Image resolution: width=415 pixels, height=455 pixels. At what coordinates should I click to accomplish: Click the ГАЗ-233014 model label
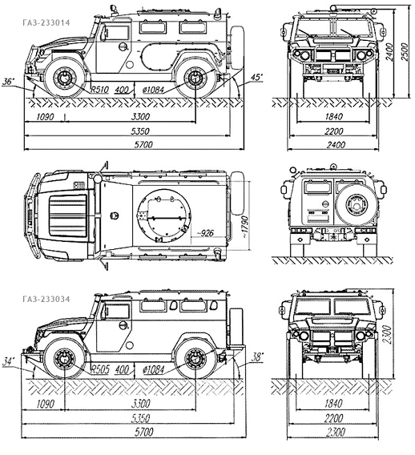coord(46,23)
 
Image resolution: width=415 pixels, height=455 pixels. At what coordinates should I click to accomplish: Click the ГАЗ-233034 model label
coord(46,299)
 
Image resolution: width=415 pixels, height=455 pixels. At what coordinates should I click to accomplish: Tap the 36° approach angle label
coord(9,82)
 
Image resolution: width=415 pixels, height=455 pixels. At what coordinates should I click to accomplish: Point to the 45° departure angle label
coord(256,78)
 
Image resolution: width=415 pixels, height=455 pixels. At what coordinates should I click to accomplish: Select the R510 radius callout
coord(99,90)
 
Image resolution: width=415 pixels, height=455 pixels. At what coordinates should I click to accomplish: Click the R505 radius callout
coord(100,369)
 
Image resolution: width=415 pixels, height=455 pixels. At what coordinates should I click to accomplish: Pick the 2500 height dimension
coord(404,52)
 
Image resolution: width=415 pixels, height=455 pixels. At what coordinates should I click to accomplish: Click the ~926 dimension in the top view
coord(205,233)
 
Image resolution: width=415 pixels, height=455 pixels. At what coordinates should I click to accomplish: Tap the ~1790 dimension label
coord(245,227)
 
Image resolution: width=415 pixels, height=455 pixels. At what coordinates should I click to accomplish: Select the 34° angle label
coord(9,362)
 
